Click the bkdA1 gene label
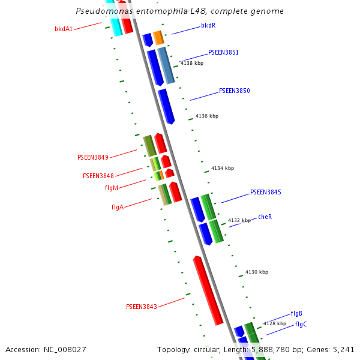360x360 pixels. [x=63, y=29]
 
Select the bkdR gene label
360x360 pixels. [x=208, y=26]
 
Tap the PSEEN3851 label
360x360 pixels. [x=223, y=53]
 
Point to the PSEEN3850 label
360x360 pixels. [x=234, y=91]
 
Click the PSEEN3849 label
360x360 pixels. [x=92, y=157]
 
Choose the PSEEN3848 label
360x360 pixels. [x=98, y=176]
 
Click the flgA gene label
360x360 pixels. [x=117, y=207]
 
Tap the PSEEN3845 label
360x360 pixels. [x=265, y=193]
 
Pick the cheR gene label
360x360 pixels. [x=265, y=217]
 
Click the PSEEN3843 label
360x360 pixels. [x=141, y=307]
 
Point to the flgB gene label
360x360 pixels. [x=296, y=313]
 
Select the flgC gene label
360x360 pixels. [x=301, y=325]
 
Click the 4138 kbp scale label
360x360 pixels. [x=192, y=63]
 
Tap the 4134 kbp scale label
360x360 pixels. [x=223, y=169]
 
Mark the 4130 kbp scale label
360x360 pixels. [x=256, y=272]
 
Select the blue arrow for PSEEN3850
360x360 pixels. [x=166, y=106]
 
